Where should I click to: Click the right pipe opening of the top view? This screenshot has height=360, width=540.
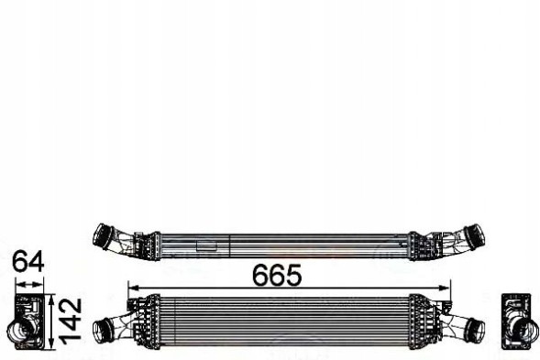tap(478, 235)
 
